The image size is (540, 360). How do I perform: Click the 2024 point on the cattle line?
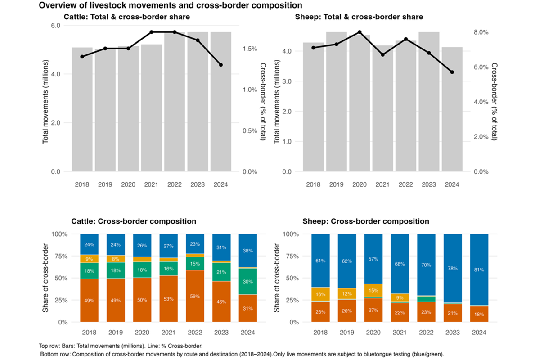221,65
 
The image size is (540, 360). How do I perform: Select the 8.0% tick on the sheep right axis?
481,32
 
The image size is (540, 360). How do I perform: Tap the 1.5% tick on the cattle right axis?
250,49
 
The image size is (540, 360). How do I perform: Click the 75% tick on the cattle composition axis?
60,256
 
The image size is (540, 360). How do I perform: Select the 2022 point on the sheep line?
406,39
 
